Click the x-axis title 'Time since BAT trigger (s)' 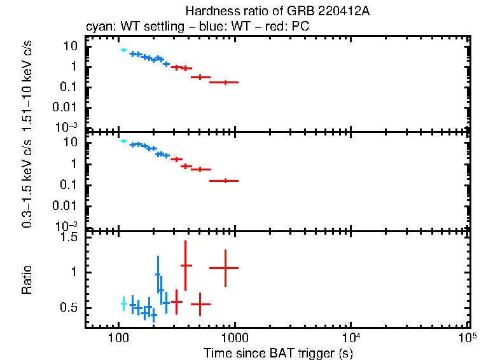(x=277, y=352)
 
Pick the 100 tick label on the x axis (x=118, y=338)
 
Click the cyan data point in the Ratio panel (x=123, y=304)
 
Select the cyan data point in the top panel (x=123, y=50)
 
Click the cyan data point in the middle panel (x=123, y=141)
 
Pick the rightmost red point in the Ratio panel (x=225, y=268)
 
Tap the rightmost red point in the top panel (x=225, y=82)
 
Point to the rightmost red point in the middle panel (x=225, y=181)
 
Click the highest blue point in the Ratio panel (x=158, y=274)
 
